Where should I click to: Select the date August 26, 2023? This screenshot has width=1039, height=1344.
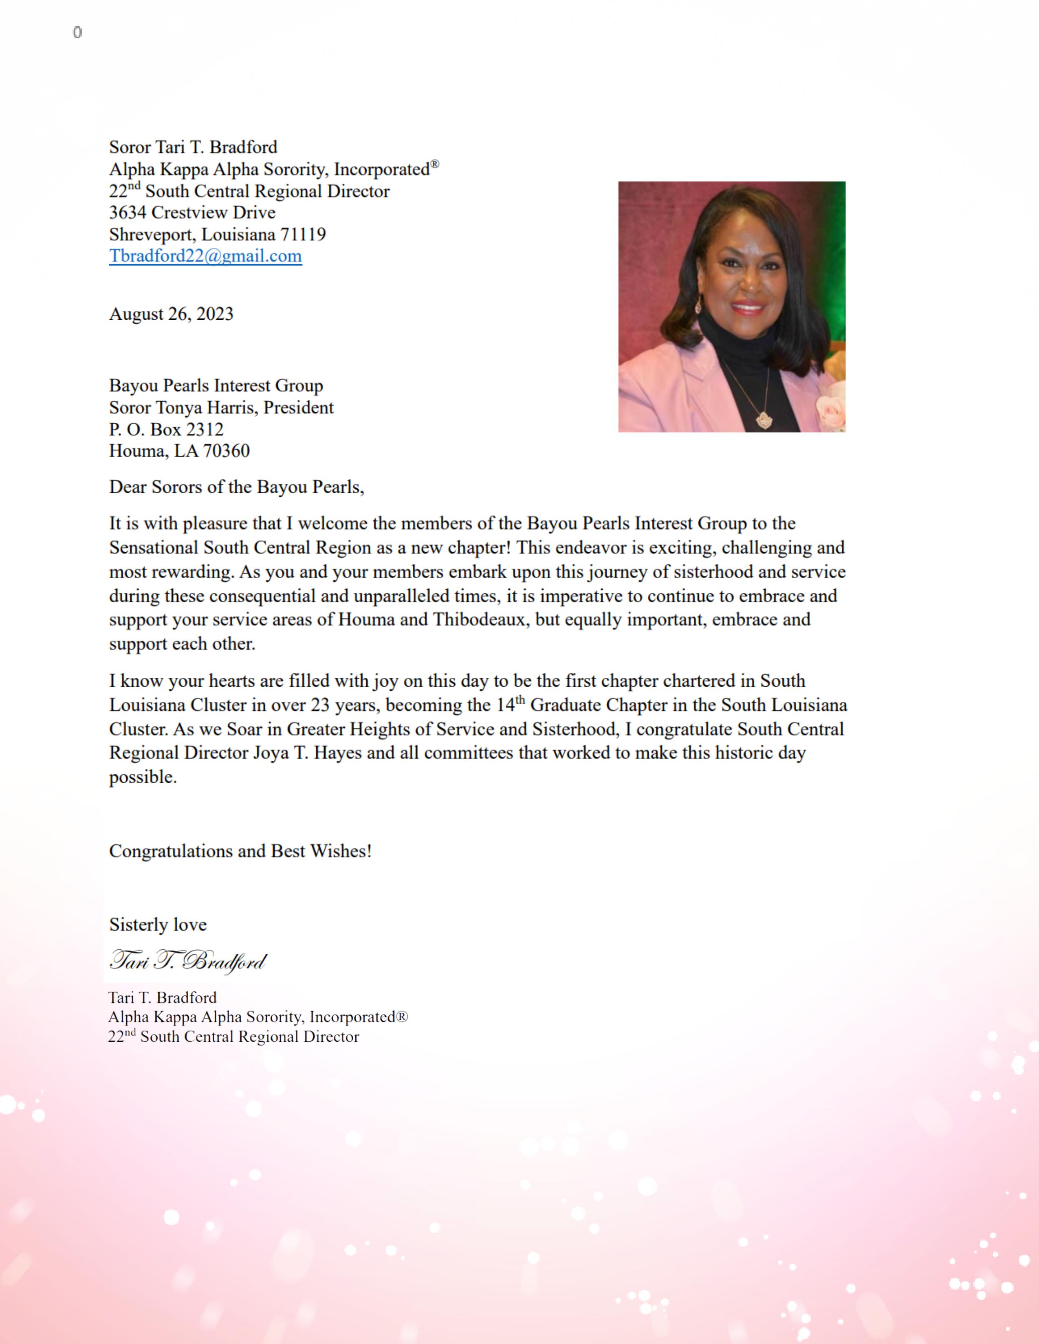pos(171,314)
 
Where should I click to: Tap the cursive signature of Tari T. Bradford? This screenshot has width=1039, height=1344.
pos(188,961)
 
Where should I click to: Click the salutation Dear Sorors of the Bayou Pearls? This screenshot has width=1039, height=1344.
pos(236,488)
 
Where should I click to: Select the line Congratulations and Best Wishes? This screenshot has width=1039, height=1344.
pos(240,851)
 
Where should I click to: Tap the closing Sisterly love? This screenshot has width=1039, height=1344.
pos(158,925)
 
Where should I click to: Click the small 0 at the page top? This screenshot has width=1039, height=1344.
pos(77,33)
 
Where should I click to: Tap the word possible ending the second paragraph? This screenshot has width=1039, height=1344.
pos(142,777)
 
